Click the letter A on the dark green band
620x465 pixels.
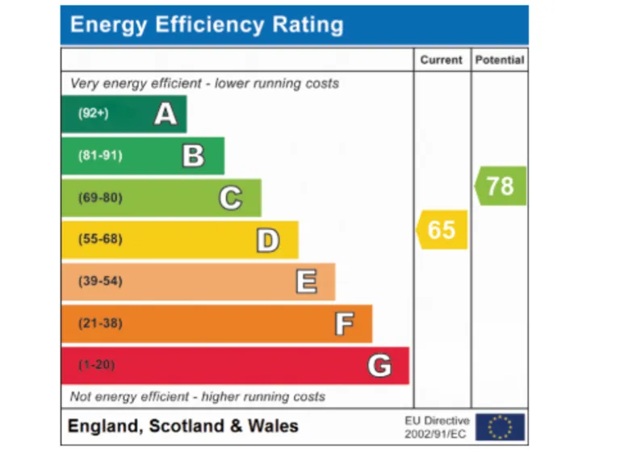165,114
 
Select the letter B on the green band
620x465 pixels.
194,155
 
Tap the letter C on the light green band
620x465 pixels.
231,198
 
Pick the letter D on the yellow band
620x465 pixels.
268,240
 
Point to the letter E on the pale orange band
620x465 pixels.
306,282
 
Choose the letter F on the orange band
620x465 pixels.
344,324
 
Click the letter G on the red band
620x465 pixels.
379,366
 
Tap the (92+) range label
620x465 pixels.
93,114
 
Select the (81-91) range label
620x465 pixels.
100,155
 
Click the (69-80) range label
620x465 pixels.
100,198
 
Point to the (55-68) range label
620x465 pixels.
100,240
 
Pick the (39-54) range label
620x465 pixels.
100,282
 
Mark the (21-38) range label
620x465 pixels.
100,324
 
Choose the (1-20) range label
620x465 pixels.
97,366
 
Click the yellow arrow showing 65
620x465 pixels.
442,230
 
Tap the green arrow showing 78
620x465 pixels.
501,186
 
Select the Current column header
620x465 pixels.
442,60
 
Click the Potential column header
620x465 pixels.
500,60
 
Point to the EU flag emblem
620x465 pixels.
500,427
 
